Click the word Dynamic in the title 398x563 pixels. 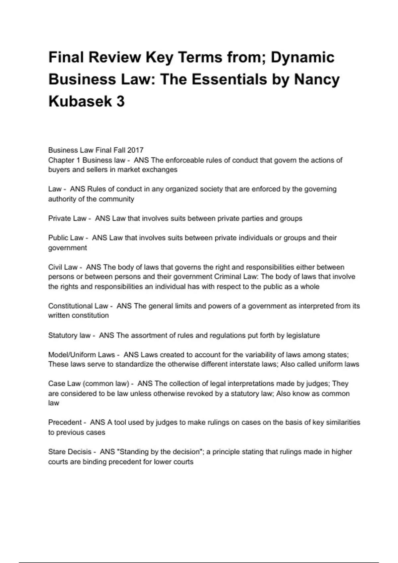[x=302, y=57]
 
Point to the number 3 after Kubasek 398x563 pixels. [x=120, y=101]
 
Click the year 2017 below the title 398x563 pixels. [x=135, y=150]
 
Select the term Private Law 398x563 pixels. [x=67, y=219]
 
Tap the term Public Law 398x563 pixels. [x=66, y=238]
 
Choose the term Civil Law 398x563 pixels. [x=63, y=267]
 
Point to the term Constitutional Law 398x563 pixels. [x=78, y=306]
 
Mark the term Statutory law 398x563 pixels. [x=69, y=335]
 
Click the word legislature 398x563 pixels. [x=303, y=335]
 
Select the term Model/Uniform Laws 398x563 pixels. [x=81, y=355]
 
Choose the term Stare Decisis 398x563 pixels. [x=70, y=452]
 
